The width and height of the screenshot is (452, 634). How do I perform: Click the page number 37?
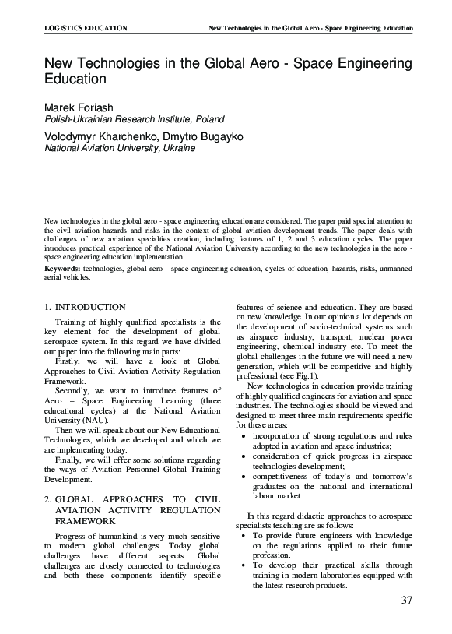405,600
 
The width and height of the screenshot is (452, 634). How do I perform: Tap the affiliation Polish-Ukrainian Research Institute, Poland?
133,119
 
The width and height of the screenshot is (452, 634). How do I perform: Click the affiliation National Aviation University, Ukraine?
118,148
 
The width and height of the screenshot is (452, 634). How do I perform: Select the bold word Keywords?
61,268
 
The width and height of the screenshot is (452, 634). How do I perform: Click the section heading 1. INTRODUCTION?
85,308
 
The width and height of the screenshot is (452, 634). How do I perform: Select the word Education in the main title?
74,79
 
